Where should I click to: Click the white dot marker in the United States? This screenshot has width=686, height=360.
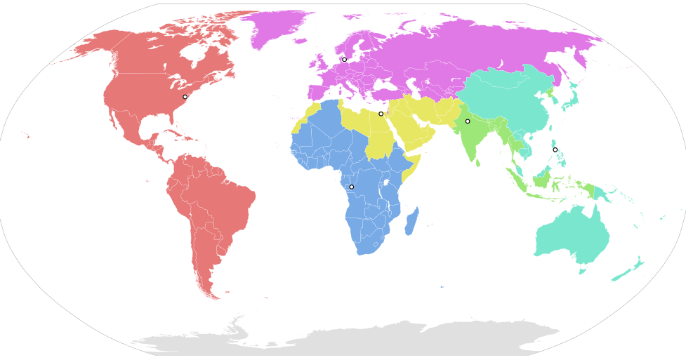point(185,97)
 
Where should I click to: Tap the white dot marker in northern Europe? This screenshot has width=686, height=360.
point(344,60)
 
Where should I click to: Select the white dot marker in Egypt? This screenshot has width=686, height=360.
point(381,114)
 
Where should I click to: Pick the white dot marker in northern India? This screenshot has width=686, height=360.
point(468,121)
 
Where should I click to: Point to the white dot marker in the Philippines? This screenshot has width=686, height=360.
point(555,149)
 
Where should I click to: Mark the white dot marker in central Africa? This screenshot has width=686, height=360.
point(351,187)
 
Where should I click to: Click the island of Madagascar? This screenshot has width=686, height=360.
point(412,220)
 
